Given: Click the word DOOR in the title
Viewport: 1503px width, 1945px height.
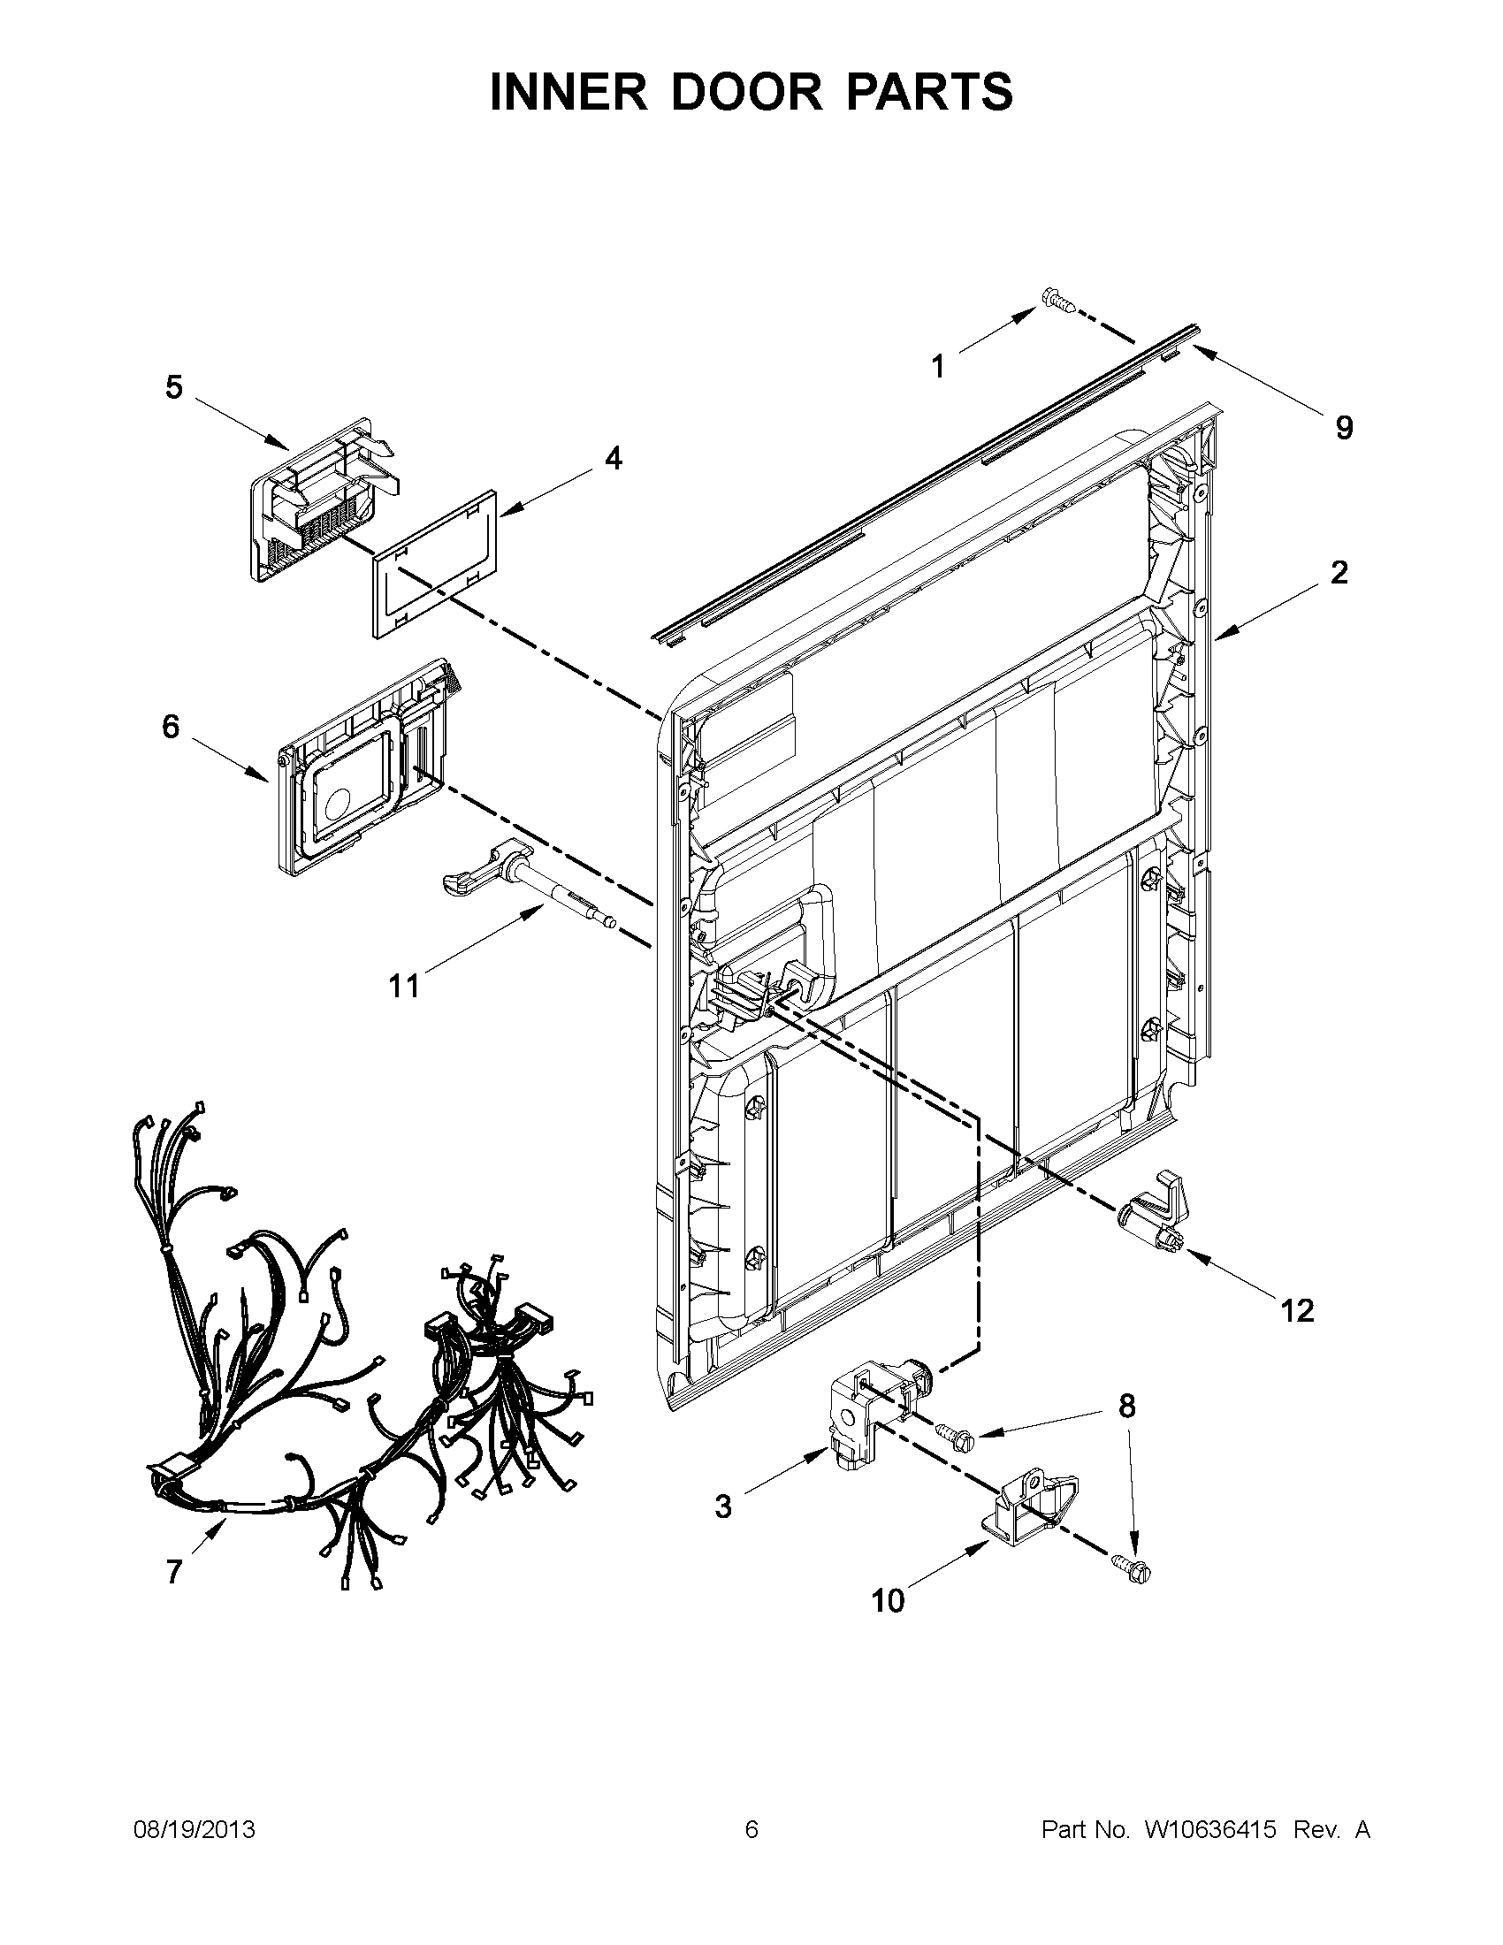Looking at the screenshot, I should point(747,93).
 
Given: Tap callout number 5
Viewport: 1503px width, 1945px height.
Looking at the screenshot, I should point(173,387).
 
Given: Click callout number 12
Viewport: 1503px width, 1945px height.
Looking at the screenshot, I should point(1298,1310).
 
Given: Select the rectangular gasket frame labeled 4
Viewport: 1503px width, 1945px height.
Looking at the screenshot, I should point(433,563).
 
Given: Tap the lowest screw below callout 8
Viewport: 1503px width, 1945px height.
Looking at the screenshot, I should point(1131,1569).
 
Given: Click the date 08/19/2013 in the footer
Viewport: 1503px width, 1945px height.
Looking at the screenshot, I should point(194,1829).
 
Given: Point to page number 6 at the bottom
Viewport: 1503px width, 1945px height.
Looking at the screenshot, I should point(751,1829).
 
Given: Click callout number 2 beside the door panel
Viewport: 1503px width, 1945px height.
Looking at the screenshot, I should point(1339,573).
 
